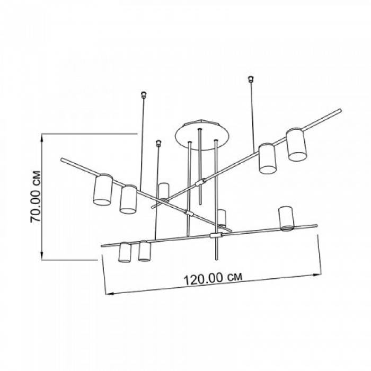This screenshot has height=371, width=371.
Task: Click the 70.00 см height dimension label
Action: pyautogui.click(x=36, y=197)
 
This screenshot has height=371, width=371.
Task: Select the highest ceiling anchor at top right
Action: pyautogui.click(x=250, y=79)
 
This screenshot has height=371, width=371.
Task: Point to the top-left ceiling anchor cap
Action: pyautogui.click(x=144, y=95)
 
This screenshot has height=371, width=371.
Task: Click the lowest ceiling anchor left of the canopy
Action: pyautogui.click(x=158, y=144)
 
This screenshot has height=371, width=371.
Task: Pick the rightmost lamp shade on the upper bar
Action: pyautogui.click(x=296, y=145)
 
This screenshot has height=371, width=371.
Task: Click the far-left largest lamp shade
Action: pyautogui.click(x=103, y=190)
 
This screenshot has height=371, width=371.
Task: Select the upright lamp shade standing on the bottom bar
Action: pyautogui.click(x=286, y=218)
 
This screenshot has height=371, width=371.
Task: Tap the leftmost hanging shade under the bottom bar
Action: pyautogui.click(x=125, y=252)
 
